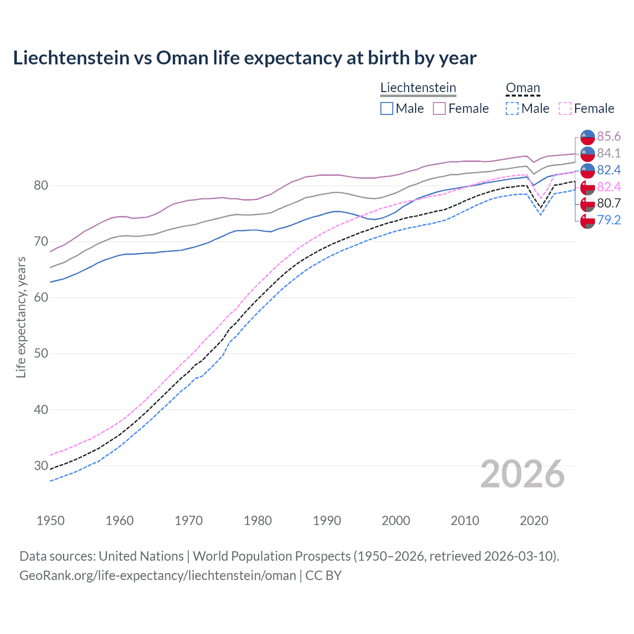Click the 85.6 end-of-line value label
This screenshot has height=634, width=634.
point(609,136)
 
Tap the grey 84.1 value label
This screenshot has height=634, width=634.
point(609,153)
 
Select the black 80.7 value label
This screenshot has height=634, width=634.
point(609,203)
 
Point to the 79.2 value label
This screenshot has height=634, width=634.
point(609,220)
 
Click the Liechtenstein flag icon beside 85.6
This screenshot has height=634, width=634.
point(587,137)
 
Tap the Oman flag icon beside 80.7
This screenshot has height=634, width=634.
point(587,204)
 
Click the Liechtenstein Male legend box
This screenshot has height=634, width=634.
point(387,108)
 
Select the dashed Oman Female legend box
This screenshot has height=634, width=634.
point(565,108)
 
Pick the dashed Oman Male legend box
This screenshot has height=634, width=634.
point(512,108)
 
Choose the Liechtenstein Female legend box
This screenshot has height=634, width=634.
point(439,108)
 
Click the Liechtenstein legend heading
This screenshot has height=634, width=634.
point(418,88)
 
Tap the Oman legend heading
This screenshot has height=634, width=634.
point(523,88)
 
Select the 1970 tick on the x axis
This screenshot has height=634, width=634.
point(189,521)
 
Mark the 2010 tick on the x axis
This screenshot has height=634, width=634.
point(465,521)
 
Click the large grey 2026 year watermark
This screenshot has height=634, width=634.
point(523,475)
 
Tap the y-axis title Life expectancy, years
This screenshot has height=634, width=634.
point(21,317)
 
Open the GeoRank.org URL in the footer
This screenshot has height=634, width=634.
point(158,576)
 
